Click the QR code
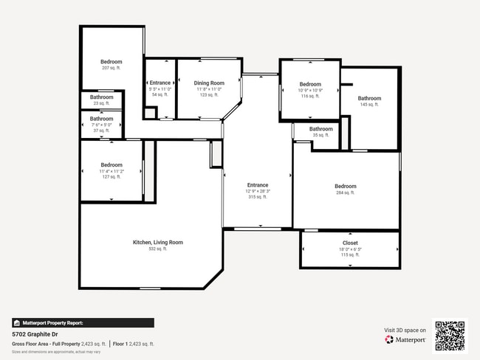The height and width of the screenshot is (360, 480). point(450,336)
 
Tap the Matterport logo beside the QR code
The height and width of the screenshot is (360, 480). point(405,340)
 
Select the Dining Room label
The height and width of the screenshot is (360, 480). point(209,83)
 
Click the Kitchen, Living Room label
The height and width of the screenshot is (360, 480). point(157,242)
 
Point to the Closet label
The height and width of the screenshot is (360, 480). point(350,243)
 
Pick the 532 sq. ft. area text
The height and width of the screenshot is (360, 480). point(157,249)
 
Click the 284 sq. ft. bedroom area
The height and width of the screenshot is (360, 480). point(345,193)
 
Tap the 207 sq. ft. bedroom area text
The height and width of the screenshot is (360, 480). point(112,68)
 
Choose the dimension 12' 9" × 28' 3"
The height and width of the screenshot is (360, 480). point(258,191)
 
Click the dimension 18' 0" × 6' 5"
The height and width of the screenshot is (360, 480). point(350,249)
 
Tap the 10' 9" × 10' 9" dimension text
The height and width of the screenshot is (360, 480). point(309,90)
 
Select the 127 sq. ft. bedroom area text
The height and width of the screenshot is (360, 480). point(112,177)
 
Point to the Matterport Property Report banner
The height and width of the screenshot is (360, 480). point(83,322)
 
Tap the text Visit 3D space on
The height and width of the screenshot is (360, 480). point(405,330)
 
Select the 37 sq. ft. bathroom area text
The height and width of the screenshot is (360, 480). point(102,131)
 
